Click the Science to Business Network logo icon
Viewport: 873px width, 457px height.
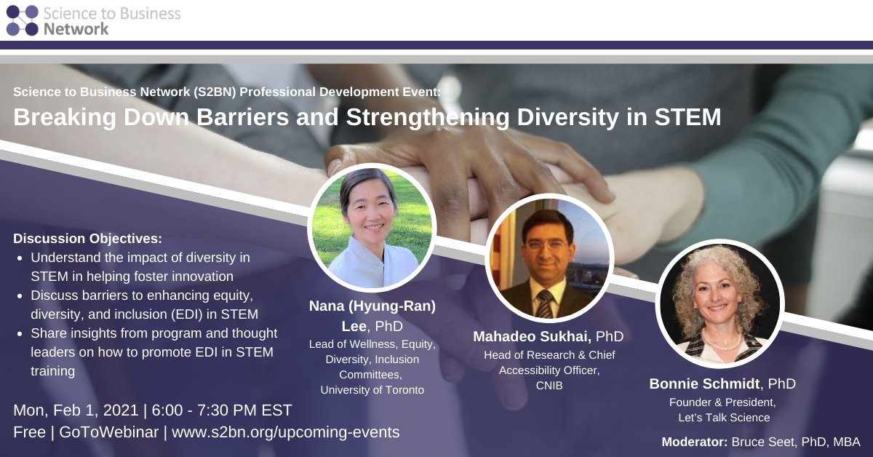pyautogui.click(x=22, y=20)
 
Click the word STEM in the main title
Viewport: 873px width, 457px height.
pyautogui.click(x=685, y=118)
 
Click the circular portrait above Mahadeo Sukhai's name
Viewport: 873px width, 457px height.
pyautogui.click(x=549, y=258)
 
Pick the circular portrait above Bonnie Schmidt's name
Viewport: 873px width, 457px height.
pyautogui.click(x=719, y=303)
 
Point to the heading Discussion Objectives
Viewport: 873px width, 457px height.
pyautogui.click(x=87, y=239)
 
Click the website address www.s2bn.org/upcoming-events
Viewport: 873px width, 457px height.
pyautogui.click(x=286, y=432)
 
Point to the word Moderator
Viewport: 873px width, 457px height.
pyautogui.click(x=694, y=442)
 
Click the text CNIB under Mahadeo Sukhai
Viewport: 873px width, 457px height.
pyautogui.click(x=549, y=385)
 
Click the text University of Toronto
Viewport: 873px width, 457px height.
pyautogui.click(x=372, y=390)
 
